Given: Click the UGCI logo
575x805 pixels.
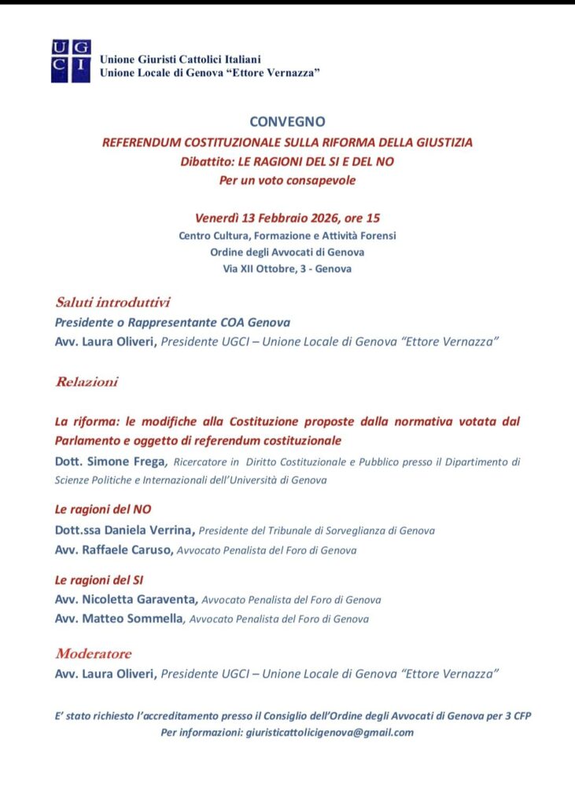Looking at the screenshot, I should (x=71, y=61).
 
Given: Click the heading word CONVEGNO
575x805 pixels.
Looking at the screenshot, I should (x=287, y=122).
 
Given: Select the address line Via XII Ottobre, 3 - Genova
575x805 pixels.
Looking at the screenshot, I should (x=287, y=269).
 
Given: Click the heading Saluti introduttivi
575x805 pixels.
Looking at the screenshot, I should (x=112, y=302).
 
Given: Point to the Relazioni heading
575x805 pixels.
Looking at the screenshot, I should (x=87, y=382).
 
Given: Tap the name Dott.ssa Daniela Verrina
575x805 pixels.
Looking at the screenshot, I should (x=125, y=531).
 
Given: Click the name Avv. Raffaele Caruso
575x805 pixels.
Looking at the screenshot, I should (x=114, y=550).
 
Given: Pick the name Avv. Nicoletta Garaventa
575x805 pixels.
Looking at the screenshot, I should (x=127, y=599).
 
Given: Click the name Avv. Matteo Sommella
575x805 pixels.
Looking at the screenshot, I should (x=118, y=619).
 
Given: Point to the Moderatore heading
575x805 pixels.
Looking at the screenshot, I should (x=93, y=654).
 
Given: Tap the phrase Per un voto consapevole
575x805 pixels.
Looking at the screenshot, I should (x=287, y=181).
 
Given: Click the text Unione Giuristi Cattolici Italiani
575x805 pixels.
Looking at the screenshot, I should (x=180, y=59).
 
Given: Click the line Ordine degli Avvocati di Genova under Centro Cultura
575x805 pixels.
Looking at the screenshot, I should (x=287, y=252).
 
